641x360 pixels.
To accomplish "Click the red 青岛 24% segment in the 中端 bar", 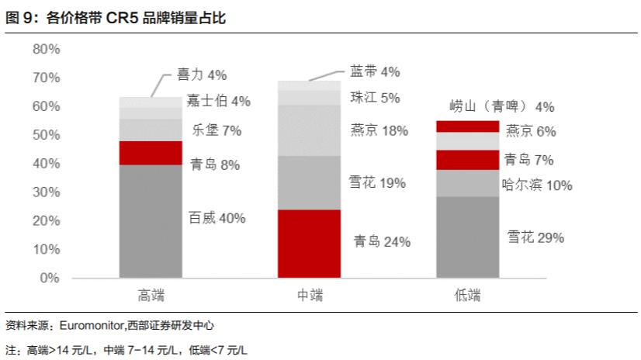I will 309,244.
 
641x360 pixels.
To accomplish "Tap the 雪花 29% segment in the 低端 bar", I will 467,237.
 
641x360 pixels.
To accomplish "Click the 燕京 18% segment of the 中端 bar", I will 309,130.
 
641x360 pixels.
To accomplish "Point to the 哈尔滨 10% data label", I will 537,185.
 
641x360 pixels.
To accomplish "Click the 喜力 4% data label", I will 201,75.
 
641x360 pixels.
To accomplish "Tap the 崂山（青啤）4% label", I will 502,107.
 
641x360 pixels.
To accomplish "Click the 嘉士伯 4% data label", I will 218,102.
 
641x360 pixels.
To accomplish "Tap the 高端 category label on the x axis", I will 151,296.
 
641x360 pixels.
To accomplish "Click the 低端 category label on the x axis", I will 467,296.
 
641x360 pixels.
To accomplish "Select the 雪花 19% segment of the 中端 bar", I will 309,183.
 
